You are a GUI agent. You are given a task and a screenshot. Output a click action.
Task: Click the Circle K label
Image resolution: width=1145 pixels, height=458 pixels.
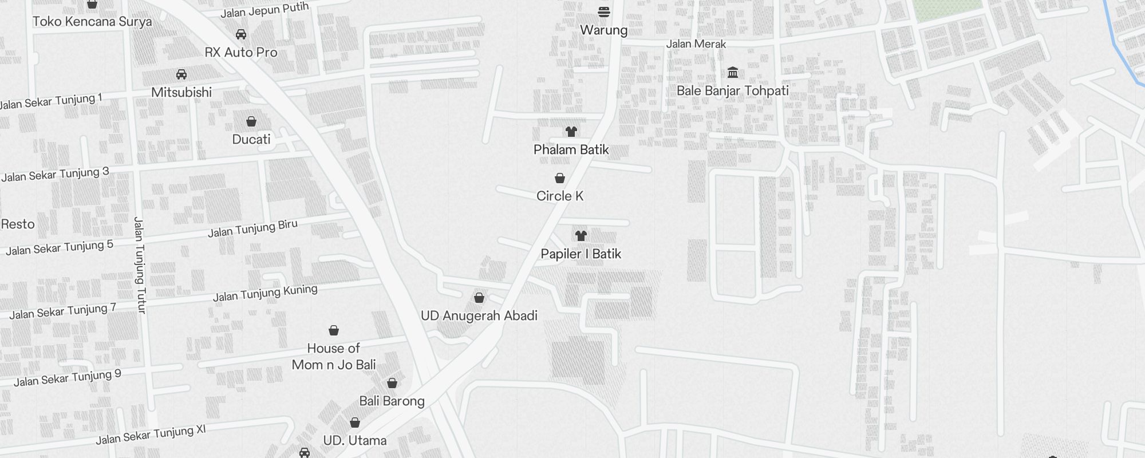click(560, 196)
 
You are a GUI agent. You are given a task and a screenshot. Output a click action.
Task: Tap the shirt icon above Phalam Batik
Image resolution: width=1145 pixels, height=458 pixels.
click(571, 132)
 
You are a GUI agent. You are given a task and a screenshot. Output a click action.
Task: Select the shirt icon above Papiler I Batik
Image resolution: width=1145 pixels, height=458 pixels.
click(581, 235)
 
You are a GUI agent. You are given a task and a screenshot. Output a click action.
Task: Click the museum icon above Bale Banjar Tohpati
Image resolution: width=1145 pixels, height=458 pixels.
click(733, 73)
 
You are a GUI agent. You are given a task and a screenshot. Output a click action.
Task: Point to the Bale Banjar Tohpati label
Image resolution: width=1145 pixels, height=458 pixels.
click(732, 90)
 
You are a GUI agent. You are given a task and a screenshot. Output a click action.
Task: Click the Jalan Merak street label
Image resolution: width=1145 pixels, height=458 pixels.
click(696, 44)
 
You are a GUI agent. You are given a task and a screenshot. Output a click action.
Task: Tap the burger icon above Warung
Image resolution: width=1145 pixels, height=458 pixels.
click(603, 11)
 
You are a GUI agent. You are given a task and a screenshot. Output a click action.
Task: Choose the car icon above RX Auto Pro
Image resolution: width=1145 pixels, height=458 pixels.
click(241, 34)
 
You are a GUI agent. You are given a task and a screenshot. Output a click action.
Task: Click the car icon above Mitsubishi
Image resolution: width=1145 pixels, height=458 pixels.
click(181, 74)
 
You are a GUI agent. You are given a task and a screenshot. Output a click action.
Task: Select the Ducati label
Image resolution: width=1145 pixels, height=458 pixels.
click(251, 139)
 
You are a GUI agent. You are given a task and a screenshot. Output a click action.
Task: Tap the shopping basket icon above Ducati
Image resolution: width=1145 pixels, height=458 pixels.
click(251, 121)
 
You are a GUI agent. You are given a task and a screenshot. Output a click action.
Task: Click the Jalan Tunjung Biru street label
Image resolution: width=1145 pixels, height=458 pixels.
click(252, 228)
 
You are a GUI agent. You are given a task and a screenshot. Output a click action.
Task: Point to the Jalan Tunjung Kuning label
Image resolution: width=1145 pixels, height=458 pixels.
click(265, 293)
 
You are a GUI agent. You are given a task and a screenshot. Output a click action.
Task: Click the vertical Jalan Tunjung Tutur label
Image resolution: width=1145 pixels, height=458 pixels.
click(140, 264)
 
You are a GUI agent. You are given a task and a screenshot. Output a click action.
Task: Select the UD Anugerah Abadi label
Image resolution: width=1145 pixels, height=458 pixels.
click(479, 315)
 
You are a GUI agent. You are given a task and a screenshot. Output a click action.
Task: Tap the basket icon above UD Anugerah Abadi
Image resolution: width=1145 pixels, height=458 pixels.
click(479, 298)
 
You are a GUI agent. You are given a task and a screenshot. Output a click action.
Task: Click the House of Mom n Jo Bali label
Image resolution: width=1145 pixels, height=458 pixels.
click(334, 356)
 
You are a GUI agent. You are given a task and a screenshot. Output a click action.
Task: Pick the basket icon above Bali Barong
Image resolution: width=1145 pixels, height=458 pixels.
click(392, 383)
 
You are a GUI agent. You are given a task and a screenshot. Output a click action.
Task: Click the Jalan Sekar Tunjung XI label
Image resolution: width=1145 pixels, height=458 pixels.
click(151, 435)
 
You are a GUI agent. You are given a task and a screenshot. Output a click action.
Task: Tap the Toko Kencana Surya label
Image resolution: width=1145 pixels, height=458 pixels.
click(92, 22)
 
